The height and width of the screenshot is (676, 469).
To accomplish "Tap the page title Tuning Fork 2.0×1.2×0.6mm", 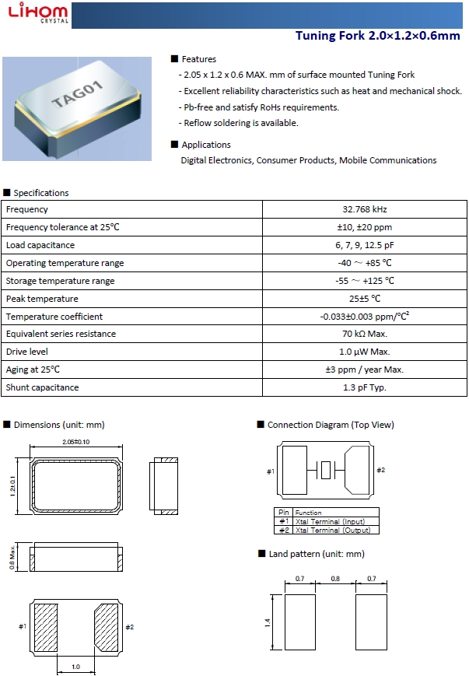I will (x=378, y=36).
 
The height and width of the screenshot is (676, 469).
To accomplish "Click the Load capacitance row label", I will (x=40, y=245).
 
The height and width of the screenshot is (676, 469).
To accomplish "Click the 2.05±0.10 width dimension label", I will (x=75, y=442).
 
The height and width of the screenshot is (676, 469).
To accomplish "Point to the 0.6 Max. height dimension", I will (x=12, y=556).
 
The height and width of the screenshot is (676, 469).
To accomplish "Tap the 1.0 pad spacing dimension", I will (x=75, y=667).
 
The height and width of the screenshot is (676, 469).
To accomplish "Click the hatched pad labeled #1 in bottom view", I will (x=48, y=627).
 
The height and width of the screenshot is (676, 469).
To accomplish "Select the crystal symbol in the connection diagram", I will (x=326, y=471).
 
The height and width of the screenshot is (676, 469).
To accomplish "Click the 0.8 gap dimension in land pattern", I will (x=336, y=579).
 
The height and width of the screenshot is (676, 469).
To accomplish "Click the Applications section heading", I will (x=205, y=145).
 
